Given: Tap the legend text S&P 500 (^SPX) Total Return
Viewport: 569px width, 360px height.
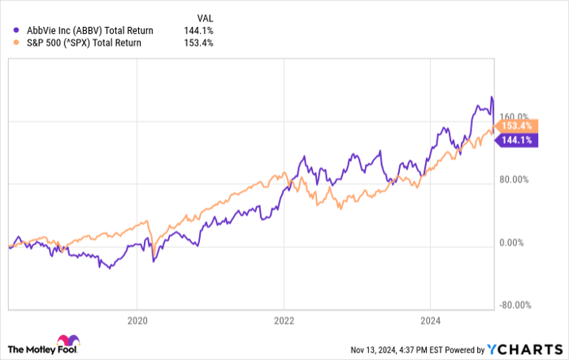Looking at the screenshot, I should (79, 43).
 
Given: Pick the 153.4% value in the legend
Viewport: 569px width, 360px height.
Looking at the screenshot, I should (199, 43).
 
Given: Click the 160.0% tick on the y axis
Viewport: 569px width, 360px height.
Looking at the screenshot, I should (514, 116).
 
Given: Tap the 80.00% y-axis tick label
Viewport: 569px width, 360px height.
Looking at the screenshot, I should (514, 180).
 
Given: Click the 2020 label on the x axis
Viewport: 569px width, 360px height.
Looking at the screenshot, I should (137, 320).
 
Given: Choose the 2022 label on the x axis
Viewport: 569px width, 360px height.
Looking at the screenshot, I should (283, 320).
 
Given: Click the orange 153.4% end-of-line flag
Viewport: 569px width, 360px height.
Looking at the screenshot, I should (514, 126).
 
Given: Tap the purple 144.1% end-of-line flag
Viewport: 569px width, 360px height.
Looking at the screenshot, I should (514, 140).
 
